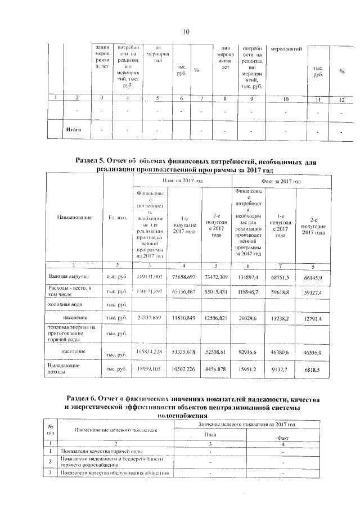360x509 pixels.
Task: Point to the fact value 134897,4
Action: (x=249, y=277)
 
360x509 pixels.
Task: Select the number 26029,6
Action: (x=249, y=318)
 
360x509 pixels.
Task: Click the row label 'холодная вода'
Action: (x=63, y=304)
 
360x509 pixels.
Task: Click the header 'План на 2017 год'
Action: (x=182, y=181)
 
